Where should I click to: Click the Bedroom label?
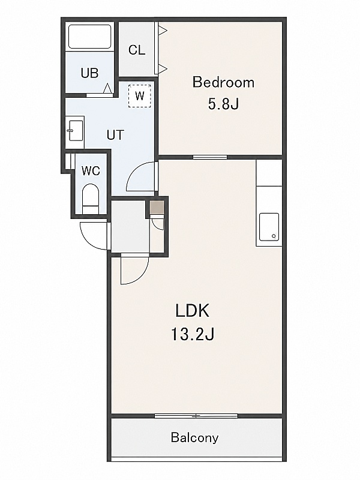pos(223,82)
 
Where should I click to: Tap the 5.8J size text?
pos(223,104)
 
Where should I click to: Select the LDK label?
pos(192,311)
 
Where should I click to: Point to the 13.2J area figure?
pos(192,334)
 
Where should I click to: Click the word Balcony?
pos(194,438)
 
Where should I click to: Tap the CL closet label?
pos(137,50)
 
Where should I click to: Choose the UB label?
pos(89,73)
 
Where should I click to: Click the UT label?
pos(115,134)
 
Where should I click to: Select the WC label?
pos(91,171)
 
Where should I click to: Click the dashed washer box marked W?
pos(140,96)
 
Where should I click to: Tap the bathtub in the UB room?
pos(89,37)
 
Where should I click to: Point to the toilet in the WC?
pos(91,199)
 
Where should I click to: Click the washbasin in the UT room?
pos(75,131)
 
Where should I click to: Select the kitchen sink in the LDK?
pos(269,227)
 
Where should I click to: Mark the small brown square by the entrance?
pos(157,207)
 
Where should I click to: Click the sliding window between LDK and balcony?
pos(196,416)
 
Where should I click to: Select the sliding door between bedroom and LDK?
pos(210,157)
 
